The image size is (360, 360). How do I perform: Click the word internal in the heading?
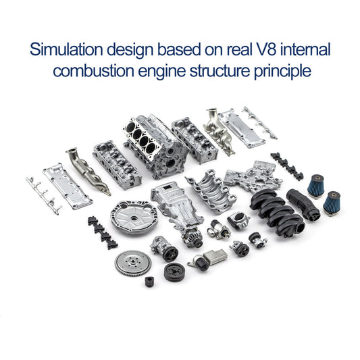click(x=309, y=50)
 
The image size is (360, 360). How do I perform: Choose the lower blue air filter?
click(x=331, y=201)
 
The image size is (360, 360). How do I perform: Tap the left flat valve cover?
click(x=68, y=186)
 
